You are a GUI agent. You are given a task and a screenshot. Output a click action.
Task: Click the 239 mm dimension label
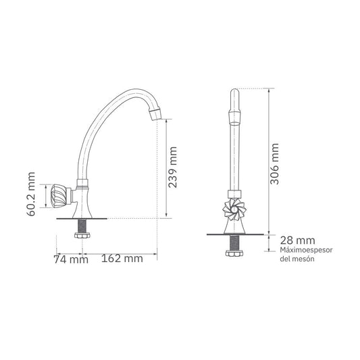(173, 168)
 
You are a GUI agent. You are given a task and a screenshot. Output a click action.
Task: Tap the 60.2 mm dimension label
(31, 194)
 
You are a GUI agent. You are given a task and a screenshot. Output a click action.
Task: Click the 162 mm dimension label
(122, 259)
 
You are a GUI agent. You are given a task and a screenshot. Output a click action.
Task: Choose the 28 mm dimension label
(297, 240)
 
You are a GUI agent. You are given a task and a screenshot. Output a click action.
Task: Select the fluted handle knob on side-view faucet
(57, 197)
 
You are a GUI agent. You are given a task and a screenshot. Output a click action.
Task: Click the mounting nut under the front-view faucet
(233, 253)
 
